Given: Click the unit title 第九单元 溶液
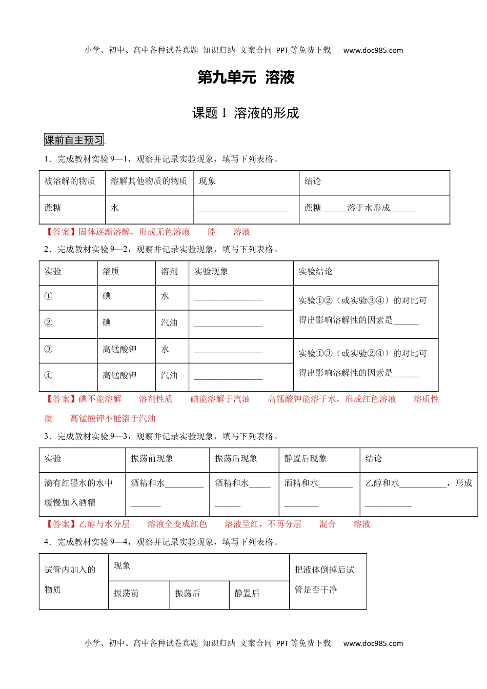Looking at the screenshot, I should click(x=246, y=77).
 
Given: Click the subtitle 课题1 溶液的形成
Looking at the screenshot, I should click(x=246, y=113).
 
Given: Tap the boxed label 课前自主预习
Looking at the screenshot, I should click(x=74, y=140).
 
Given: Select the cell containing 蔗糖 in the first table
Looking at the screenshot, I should click(x=53, y=208).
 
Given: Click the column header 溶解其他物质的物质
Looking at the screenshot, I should click(x=149, y=181).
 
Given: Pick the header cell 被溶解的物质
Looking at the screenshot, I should click(x=70, y=181).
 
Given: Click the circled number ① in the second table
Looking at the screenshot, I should click(x=49, y=296).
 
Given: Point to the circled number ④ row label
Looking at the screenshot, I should click(x=49, y=375).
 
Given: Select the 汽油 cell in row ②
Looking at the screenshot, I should click(x=169, y=322).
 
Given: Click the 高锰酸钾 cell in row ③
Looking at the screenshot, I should click(x=119, y=349).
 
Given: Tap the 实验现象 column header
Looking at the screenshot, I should click(x=211, y=271).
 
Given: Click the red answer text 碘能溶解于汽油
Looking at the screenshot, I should click(x=220, y=399).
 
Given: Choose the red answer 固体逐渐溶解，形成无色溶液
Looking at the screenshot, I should click(x=134, y=232).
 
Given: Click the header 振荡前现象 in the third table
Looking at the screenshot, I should click(x=152, y=458).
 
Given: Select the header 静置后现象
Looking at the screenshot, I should click(x=306, y=458).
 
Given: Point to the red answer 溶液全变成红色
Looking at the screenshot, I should click(x=177, y=524).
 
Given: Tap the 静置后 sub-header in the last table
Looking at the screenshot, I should click(x=247, y=593).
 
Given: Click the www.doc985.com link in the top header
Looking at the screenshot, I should click(x=373, y=50).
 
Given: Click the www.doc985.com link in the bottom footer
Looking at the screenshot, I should click(x=373, y=643).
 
